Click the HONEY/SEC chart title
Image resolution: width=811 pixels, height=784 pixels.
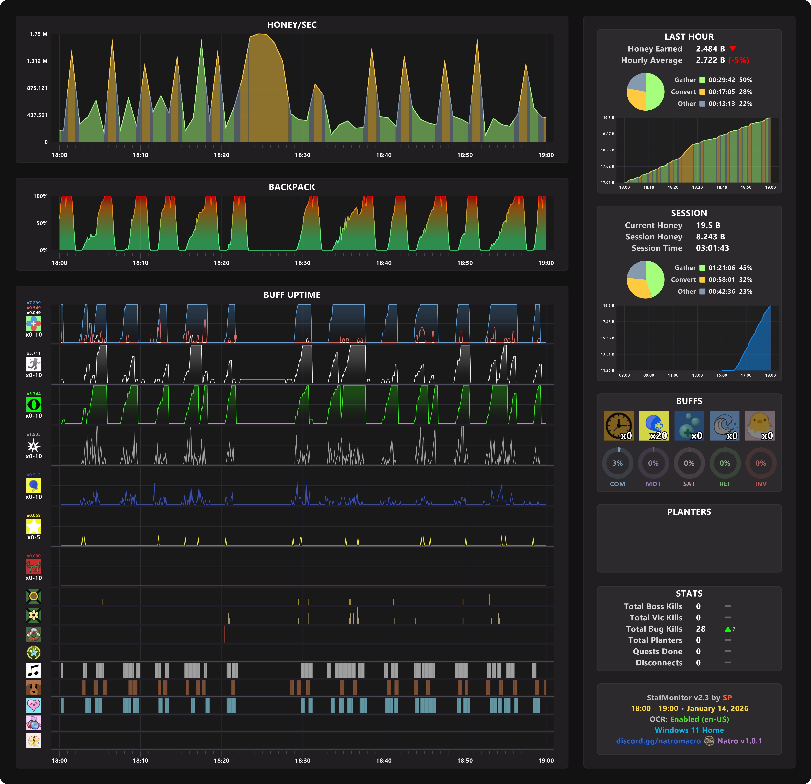[x=292, y=25]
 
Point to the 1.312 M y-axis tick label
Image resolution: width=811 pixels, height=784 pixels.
[x=37, y=61]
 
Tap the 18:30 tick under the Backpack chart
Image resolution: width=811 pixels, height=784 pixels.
[x=303, y=263]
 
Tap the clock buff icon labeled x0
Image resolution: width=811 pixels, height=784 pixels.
[x=618, y=425]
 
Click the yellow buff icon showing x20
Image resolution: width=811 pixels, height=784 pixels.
[x=654, y=425]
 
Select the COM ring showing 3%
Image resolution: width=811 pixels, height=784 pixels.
[x=617, y=463]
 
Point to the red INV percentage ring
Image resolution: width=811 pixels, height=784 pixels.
[x=761, y=463]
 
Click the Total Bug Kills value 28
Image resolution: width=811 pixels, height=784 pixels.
[x=701, y=629]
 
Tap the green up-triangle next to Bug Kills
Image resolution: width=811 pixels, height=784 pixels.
[x=728, y=629]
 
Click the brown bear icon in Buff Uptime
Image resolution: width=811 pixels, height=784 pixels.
[x=34, y=688]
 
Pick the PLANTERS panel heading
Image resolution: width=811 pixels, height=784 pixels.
[x=689, y=512]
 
